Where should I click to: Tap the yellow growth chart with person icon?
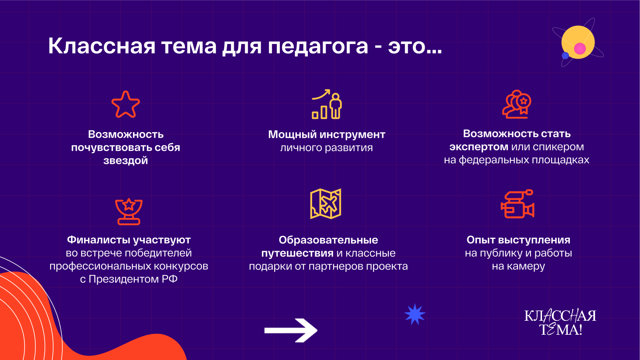tap(327, 104)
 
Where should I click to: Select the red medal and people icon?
tap(517, 104)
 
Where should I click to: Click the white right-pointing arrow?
tap(291, 330)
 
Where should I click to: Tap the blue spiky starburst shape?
tap(415, 314)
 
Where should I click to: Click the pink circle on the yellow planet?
tap(580, 48)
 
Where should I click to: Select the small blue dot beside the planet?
tap(565, 55)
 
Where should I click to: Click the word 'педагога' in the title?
tap(318, 47)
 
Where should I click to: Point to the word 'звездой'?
tap(126, 160)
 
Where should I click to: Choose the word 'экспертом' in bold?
tap(479, 147)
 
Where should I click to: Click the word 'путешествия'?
tap(297, 253)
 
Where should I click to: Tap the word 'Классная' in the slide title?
tap(102, 46)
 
